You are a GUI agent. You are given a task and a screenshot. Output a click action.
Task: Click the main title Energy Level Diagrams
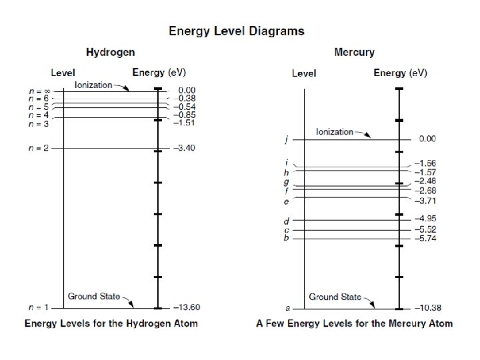(x=236, y=31)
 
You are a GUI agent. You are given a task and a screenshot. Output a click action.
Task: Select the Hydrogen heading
(x=110, y=52)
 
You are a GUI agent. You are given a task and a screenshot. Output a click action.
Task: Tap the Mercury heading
(x=353, y=52)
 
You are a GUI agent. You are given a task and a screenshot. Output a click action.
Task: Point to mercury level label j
(x=286, y=140)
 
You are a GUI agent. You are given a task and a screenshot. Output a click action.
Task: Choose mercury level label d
(x=286, y=221)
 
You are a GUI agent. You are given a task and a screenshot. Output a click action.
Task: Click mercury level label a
(x=287, y=309)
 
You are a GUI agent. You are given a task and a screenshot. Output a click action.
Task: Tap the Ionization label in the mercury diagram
(x=334, y=131)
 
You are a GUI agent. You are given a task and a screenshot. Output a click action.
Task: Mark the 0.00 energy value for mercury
(x=427, y=139)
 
